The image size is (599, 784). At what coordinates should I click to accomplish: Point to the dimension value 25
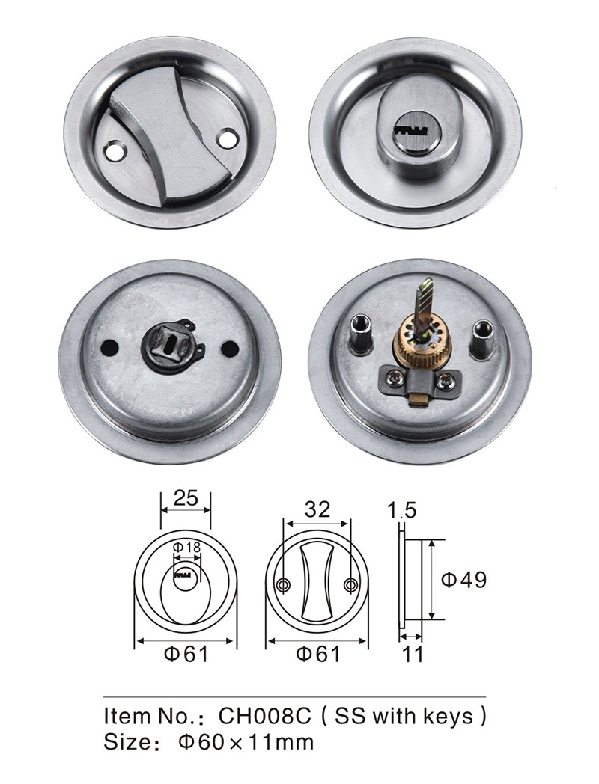186,498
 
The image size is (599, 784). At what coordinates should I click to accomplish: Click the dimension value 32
317,509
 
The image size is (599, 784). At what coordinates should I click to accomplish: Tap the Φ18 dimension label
186,547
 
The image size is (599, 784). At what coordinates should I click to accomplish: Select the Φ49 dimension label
463,580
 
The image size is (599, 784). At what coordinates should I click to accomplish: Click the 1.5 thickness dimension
402,510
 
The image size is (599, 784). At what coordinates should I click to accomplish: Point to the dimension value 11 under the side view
413,654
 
